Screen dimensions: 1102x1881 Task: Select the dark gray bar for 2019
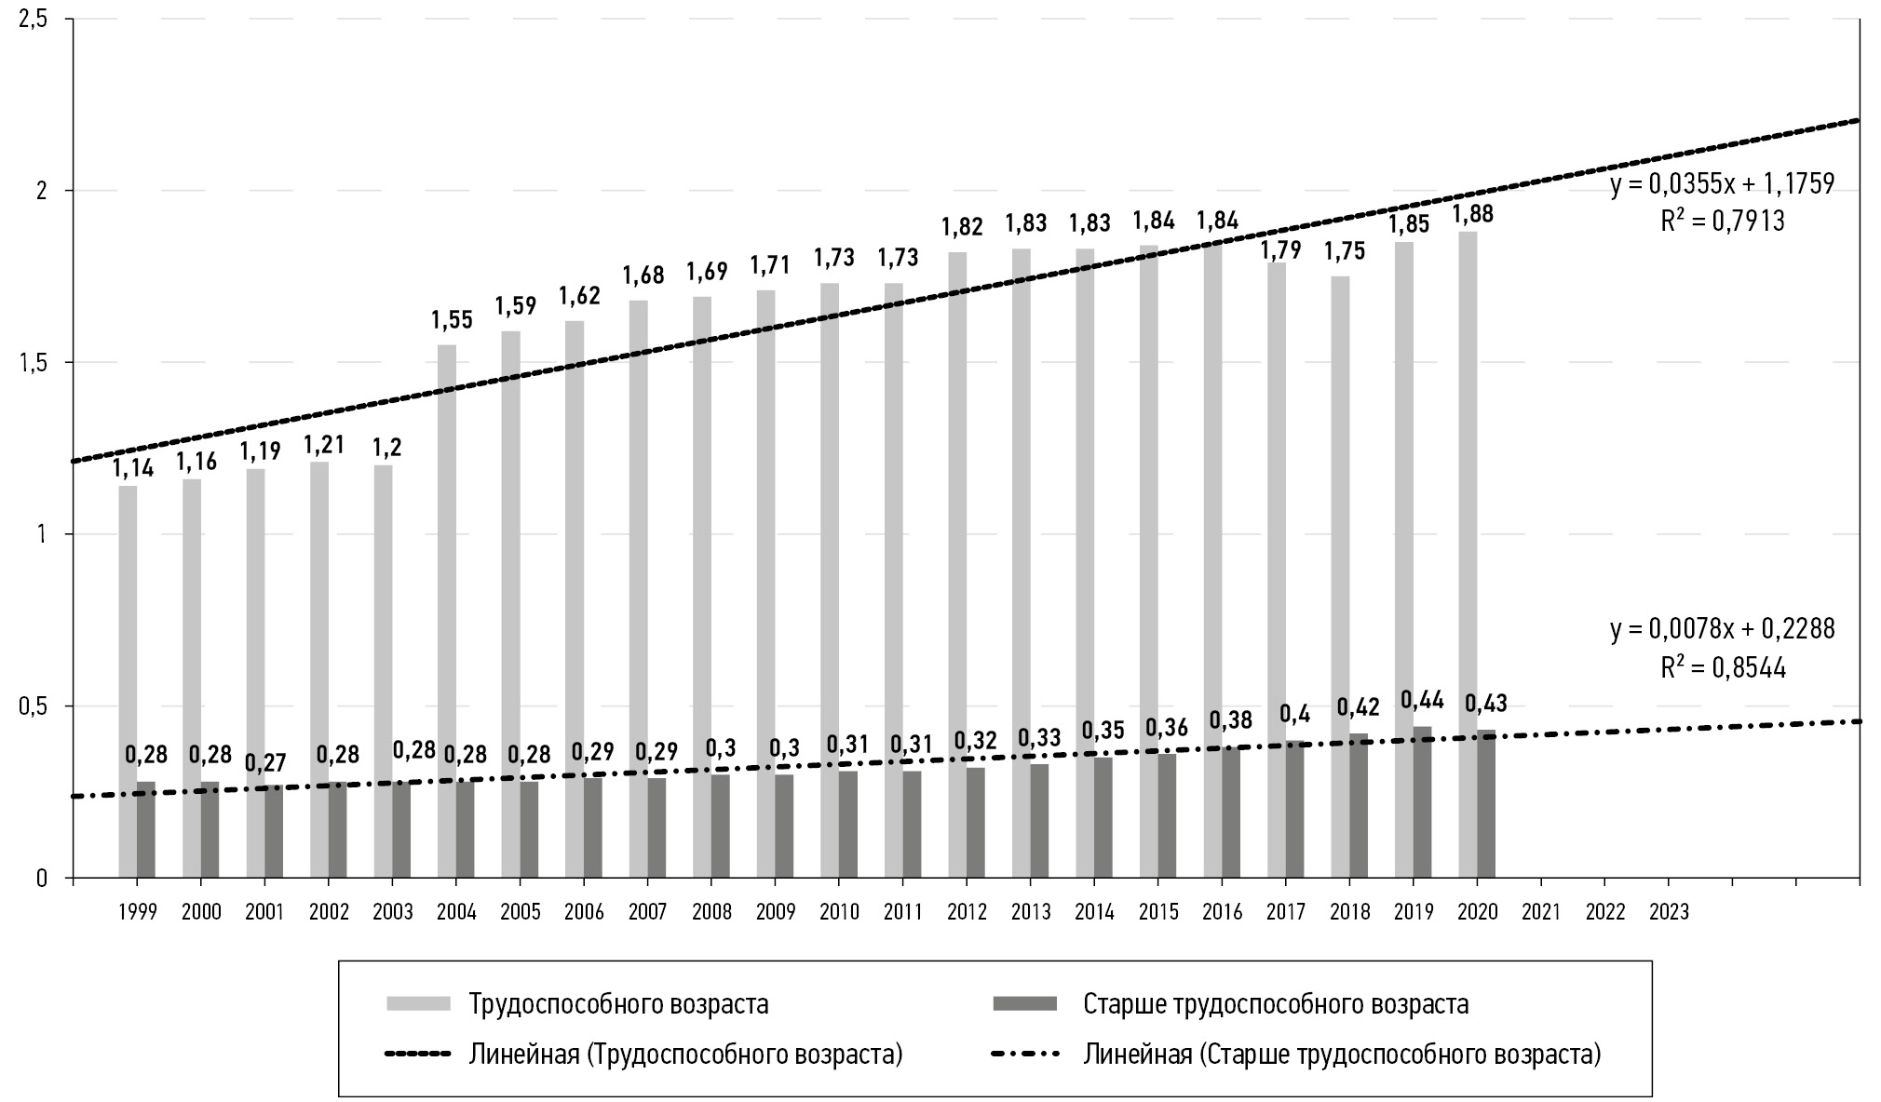coord(1422,801)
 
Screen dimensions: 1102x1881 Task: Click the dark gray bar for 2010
coord(847,824)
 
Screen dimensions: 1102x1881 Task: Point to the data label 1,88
coord(1472,214)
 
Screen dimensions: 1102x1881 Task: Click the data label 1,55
coord(452,321)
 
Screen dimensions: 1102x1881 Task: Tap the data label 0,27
coord(265,762)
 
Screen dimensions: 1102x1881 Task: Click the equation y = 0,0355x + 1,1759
coord(1722,184)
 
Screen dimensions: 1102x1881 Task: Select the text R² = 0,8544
coord(1723,668)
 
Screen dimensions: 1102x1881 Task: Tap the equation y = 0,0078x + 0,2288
coord(1722,630)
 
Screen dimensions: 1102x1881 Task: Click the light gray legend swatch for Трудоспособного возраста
coord(418,1003)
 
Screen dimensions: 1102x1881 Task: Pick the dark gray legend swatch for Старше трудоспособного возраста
coord(1025,1003)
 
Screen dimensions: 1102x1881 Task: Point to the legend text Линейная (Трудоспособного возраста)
coord(685,1055)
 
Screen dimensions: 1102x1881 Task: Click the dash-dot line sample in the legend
coord(1025,1055)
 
